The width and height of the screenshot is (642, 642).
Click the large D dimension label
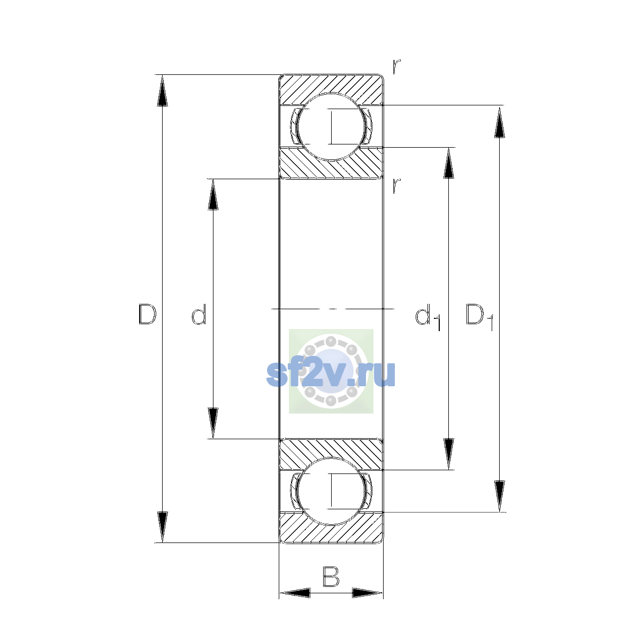click(x=147, y=314)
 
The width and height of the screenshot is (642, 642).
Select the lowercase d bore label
click(x=199, y=314)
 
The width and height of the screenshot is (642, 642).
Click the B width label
click(x=331, y=577)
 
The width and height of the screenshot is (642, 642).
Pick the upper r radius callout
click(x=396, y=66)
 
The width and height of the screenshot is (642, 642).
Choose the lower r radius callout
click(x=396, y=186)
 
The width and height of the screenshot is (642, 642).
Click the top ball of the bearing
click(x=331, y=127)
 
